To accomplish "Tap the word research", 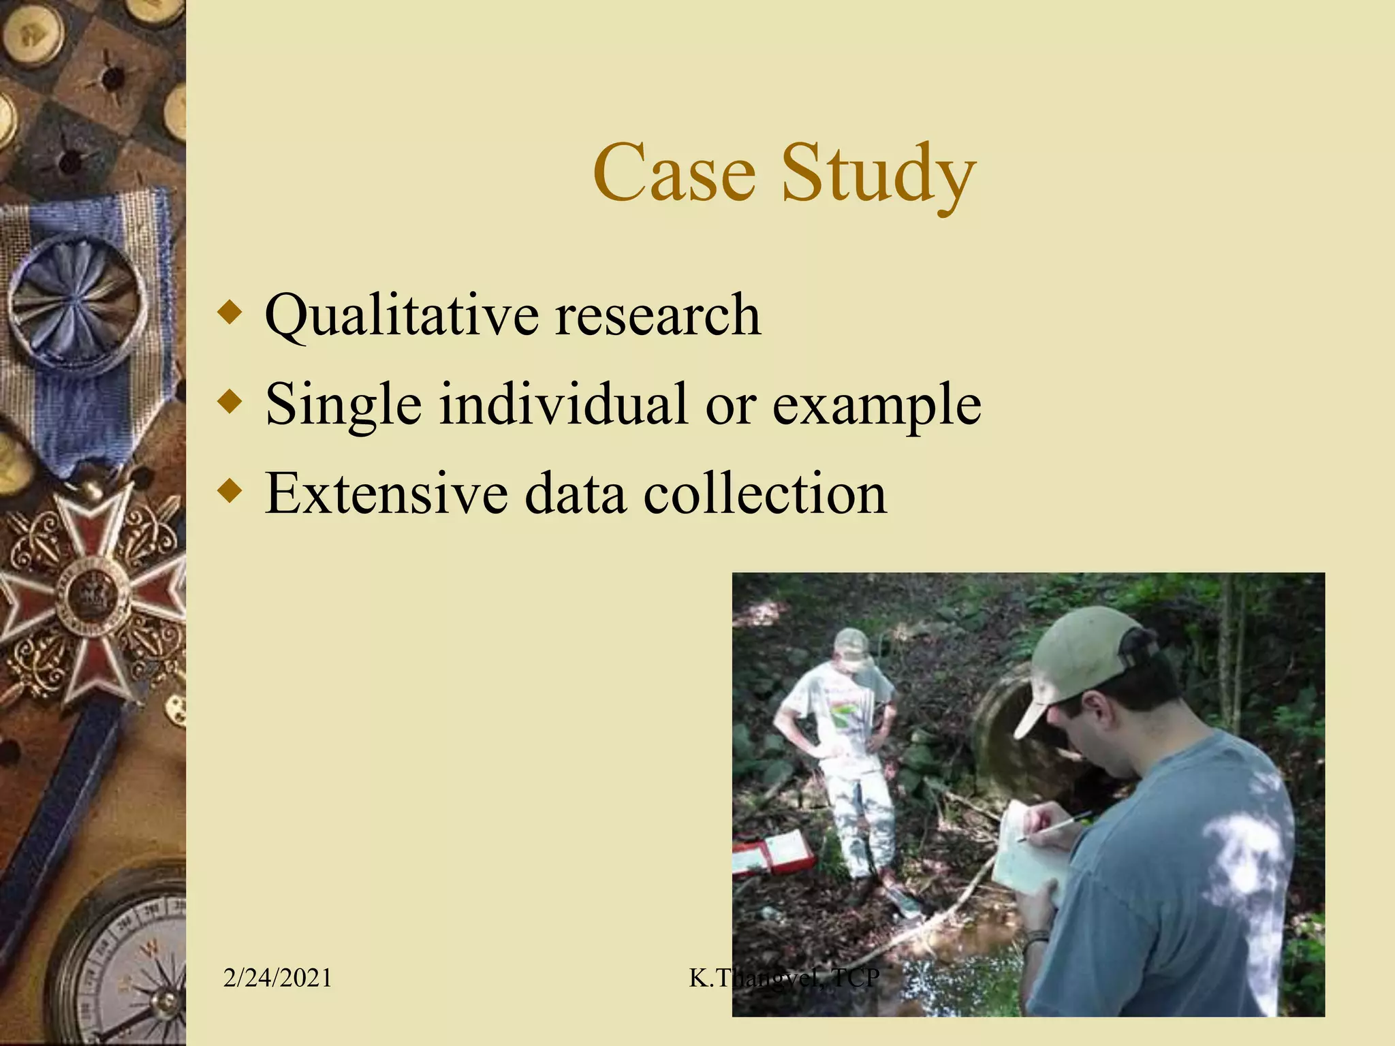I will [x=657, y=315].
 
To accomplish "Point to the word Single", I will [x=343, y=405].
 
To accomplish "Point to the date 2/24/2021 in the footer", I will [x=277, y=978].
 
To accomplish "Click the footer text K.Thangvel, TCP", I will [x=784, y=978].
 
